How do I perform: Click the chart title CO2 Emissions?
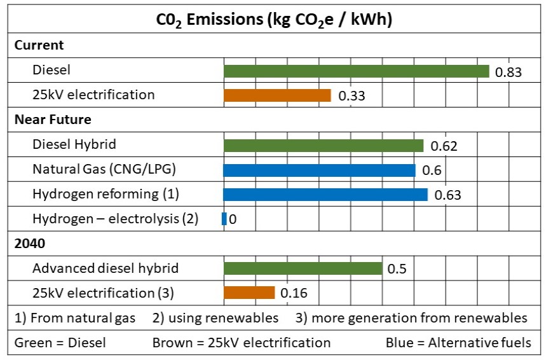(x=274, y=20)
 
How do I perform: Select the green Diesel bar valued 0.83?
(x=356, y=71)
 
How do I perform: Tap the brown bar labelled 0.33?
(x=277, y=95)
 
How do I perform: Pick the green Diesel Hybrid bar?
(x=323, y=146)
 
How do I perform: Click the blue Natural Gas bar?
(x=319, y=170)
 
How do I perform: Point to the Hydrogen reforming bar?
(x=325, y=195)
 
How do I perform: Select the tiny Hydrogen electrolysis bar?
(x=224, y=219)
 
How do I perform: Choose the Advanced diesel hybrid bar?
(x=303, y=268)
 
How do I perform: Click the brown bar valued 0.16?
(x=249, y=293)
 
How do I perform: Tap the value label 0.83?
(x=508, y=72)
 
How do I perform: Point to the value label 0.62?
(x=444, y=146)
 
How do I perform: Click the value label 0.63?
(x=447, y=195)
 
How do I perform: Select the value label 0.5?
(x=397, y=269)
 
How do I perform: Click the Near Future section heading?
(x=53, y=120)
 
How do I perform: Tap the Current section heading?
(x=39, y=45)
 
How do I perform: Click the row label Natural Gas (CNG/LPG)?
(x=104, y=170)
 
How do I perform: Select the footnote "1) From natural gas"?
(x=75, y=317)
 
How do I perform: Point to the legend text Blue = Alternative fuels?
(x=458, y=343)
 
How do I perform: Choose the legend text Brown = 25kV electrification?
(x=241, y=343)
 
